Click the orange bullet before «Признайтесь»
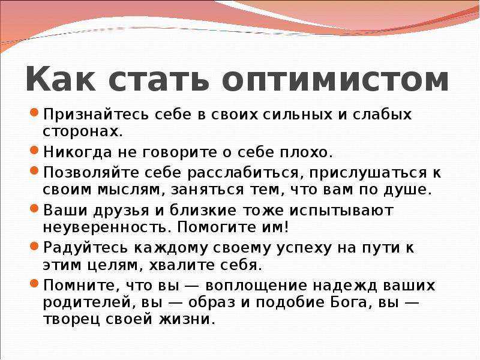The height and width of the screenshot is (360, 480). pos(34,112)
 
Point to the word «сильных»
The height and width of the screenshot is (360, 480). pos(297,115)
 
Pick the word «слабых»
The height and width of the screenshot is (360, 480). pos(382,115)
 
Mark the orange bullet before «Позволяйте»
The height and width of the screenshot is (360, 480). pos(34,170)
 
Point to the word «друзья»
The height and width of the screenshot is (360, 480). pos(121,211)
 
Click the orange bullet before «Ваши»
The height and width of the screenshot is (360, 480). pos(34,208)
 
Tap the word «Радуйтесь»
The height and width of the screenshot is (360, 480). pos(85,248)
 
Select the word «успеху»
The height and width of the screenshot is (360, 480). pos(304,248)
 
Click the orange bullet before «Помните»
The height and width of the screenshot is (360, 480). pos(34,283)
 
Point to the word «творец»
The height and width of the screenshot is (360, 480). pos(71,320)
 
